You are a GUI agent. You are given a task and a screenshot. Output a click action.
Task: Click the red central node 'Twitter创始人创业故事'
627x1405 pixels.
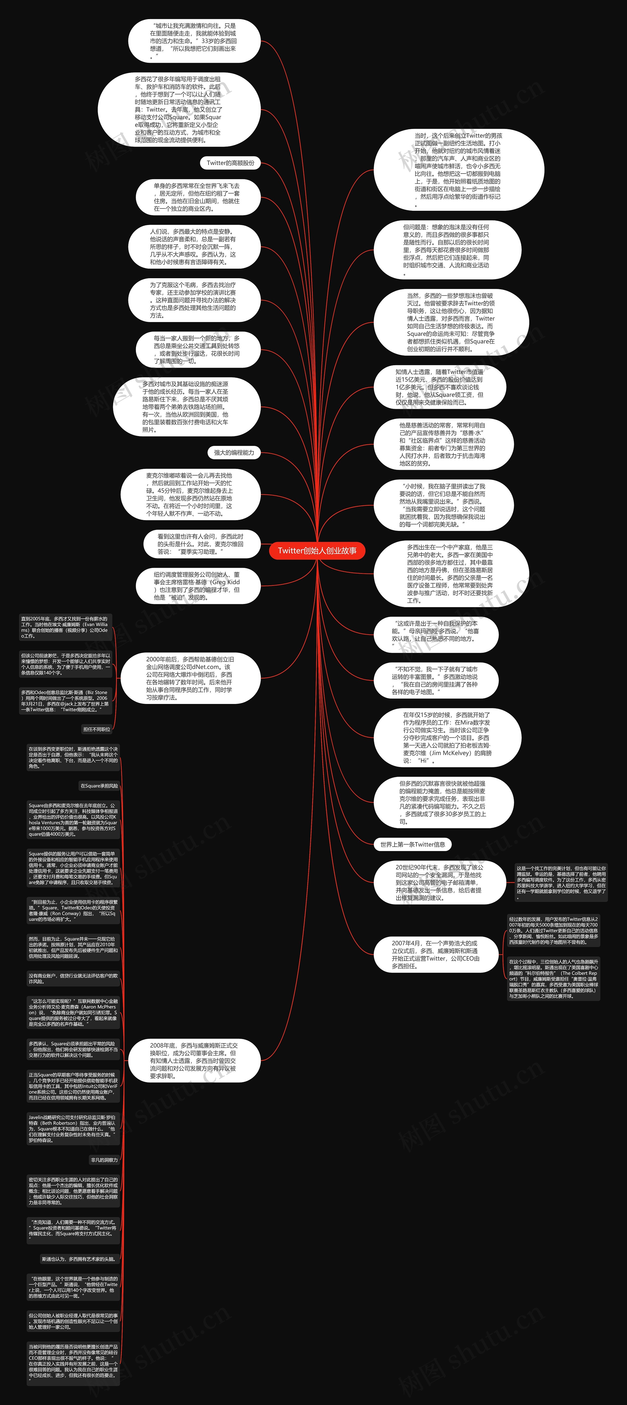click(317, 551)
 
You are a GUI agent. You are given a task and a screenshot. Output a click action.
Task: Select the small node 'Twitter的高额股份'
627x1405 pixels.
click(230, 163)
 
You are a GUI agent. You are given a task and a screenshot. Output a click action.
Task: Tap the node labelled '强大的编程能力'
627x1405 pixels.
click(234, 453)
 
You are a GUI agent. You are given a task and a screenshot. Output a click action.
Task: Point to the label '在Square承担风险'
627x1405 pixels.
click(99, 786)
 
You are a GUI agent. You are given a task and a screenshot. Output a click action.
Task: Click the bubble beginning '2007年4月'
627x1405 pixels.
click(436, 954)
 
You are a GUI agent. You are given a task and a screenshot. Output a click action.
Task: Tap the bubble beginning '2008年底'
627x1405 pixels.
click(193, 1061)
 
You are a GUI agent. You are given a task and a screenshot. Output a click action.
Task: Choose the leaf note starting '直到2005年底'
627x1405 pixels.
click(65, 627)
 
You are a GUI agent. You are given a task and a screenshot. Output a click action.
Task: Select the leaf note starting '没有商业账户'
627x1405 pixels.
click(73, 978)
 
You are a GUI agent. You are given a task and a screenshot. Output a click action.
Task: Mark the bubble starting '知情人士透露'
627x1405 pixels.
click(439, 387)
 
